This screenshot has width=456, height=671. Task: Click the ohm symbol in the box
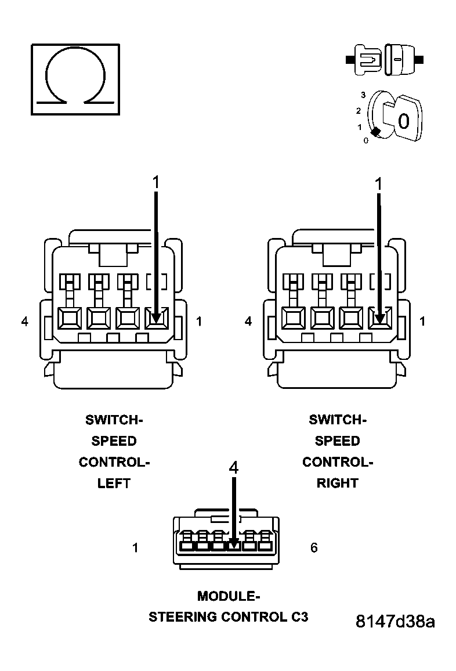click(75, 78)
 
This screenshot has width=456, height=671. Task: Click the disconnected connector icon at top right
click(384, 60)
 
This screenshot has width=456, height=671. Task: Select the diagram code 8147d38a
click(395, 621)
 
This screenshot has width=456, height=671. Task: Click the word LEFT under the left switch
click(114, 483)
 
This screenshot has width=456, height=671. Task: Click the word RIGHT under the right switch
click(338, 483)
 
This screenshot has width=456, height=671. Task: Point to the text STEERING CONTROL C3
click(229, 617)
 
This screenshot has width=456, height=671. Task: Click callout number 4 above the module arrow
click(234, 468)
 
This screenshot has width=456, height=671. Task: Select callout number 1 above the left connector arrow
click(155, 182)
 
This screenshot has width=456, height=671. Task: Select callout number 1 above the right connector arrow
click(379, 184)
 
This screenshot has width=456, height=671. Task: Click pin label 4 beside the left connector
click(24, 321)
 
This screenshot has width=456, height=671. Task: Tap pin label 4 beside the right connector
click(248, 321)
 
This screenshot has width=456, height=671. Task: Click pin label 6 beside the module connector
click(314, 548)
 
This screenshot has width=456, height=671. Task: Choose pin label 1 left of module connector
click(135, 548)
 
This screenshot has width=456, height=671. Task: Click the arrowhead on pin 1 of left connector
click(155, 318)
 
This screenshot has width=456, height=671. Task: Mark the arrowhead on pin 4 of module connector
click(233, 544)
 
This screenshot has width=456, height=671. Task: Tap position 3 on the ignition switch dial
click(363, 95)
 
